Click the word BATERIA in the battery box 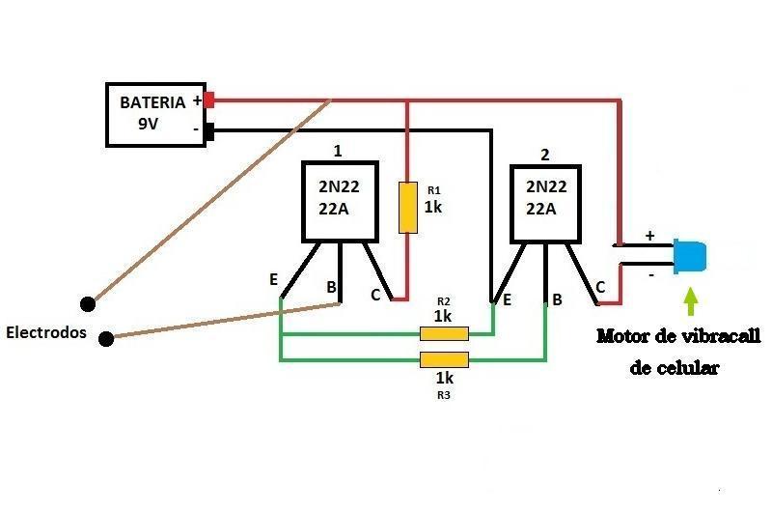[152, 102]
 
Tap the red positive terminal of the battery [209, 100]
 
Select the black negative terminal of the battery [209, 131]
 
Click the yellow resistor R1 [408, 208]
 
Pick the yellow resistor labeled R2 [444, 333]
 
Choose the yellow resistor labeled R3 [444, 359]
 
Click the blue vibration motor [690, 256]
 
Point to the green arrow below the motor [691, 301]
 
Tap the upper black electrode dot [88, 304]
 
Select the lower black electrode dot [106, 339]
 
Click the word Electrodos [46, 332]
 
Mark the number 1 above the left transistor [338, 151]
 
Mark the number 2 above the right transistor [544, 155]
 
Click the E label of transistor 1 [274, 279]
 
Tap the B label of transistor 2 [558, 299]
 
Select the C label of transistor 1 [375, 296]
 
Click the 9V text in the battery [149, 124]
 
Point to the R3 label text [444, 395]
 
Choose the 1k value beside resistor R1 [433, 208]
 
